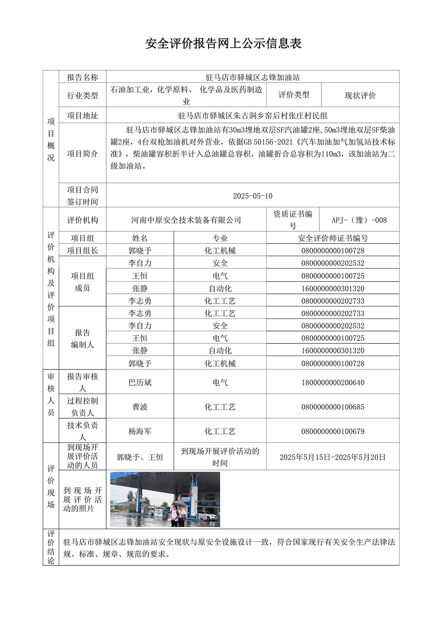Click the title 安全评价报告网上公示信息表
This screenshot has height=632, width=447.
click(223, 44)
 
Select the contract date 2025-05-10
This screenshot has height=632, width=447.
click(253, 196)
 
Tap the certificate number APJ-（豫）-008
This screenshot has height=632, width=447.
click(359, 220)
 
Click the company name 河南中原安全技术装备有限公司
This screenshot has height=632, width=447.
click(186, 220)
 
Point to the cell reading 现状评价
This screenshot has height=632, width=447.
click(360, 95)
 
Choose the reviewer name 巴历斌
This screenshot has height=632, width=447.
click(140, 382)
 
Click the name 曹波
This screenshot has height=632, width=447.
click(140, 407)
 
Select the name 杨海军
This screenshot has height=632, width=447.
click(140, 431)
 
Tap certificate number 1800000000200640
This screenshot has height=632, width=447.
click(333, 382)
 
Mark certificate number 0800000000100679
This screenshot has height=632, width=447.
click(333, 431)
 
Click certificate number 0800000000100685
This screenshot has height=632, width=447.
click(333, 407)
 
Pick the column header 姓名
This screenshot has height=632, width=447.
click(140, 238)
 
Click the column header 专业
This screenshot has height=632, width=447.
click(220, 238)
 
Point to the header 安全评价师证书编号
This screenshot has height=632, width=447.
click(333, 238)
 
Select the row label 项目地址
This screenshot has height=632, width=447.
click(82, 116)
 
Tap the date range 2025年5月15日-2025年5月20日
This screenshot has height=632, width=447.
click(333, 457)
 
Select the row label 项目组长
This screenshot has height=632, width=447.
click(82, 251)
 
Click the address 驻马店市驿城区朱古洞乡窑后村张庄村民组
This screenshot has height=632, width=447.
click(253, 116)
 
